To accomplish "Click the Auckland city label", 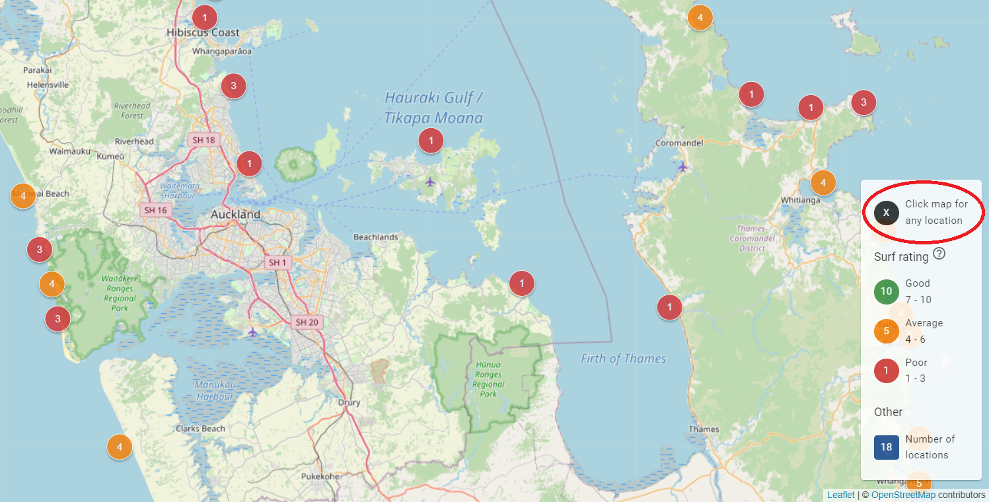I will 235,215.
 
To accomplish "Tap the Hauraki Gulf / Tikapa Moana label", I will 434,108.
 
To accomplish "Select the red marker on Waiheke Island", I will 431,140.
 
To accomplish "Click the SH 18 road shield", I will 204,139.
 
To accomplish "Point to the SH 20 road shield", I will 307,322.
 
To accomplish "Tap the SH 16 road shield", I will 155,210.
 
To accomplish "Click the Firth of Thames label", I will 623,359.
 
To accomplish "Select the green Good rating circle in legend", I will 887,291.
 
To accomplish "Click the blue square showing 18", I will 886,447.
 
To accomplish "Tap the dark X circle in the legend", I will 887,213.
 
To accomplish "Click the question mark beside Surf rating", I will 939,254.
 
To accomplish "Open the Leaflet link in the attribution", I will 840,495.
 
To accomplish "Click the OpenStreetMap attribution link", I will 903,495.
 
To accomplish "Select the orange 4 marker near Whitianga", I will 823,182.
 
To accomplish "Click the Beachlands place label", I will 375,237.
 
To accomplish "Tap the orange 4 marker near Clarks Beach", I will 120,447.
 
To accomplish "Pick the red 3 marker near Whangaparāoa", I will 233,85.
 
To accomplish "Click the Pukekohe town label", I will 320,476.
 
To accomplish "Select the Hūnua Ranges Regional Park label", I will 488,379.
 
